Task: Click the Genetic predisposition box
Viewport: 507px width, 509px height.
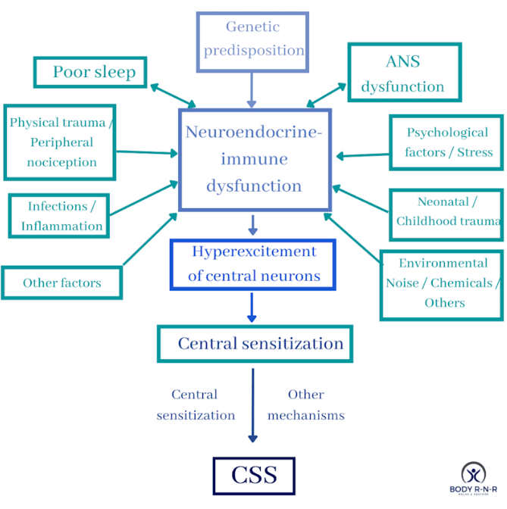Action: click(252, 41)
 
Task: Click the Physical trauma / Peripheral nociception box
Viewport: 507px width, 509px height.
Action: click(59, 142)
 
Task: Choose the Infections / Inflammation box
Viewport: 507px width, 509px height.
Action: click(59, 216)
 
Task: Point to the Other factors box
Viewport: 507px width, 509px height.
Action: click(61, 283)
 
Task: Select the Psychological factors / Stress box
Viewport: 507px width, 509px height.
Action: click(446, 142)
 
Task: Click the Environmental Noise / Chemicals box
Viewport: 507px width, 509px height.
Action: click(441, 283)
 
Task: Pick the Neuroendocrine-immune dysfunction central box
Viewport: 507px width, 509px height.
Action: click(254, 160)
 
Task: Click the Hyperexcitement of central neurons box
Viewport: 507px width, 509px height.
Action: click(253, 264)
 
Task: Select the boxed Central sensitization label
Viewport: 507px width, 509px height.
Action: click(255, 343)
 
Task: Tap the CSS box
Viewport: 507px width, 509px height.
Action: click(254, 476)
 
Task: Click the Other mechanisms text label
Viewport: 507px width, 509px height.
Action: click(305, 404)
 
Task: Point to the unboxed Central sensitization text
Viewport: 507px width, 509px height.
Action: click(196, 404)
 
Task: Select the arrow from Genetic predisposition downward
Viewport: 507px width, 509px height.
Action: click(251, 90)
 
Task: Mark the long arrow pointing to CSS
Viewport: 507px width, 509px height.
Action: click(252, 405)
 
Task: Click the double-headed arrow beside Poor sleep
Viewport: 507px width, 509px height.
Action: click(173, 95)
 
